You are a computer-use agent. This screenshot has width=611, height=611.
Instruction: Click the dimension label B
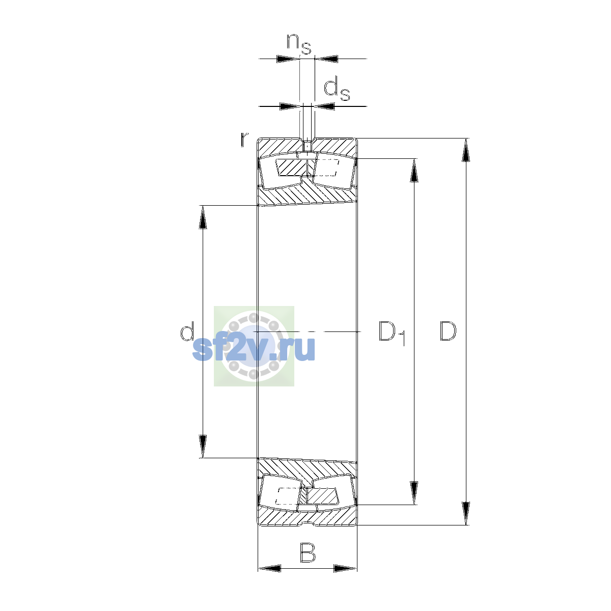(307, 552)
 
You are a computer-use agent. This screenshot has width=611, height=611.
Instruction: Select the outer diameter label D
(448, 331)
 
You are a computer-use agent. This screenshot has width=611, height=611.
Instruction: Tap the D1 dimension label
(392, 333)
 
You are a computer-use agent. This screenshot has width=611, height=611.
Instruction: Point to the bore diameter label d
(187, 331)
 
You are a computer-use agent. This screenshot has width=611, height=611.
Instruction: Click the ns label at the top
(299, 43)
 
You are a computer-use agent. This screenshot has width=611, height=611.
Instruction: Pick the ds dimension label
(337, 90)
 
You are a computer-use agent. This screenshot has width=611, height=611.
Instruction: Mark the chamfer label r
(244, 140)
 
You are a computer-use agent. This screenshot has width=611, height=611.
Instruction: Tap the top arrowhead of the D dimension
(465, 150)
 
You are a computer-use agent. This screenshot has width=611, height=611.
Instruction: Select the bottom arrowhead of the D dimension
(465, 513)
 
